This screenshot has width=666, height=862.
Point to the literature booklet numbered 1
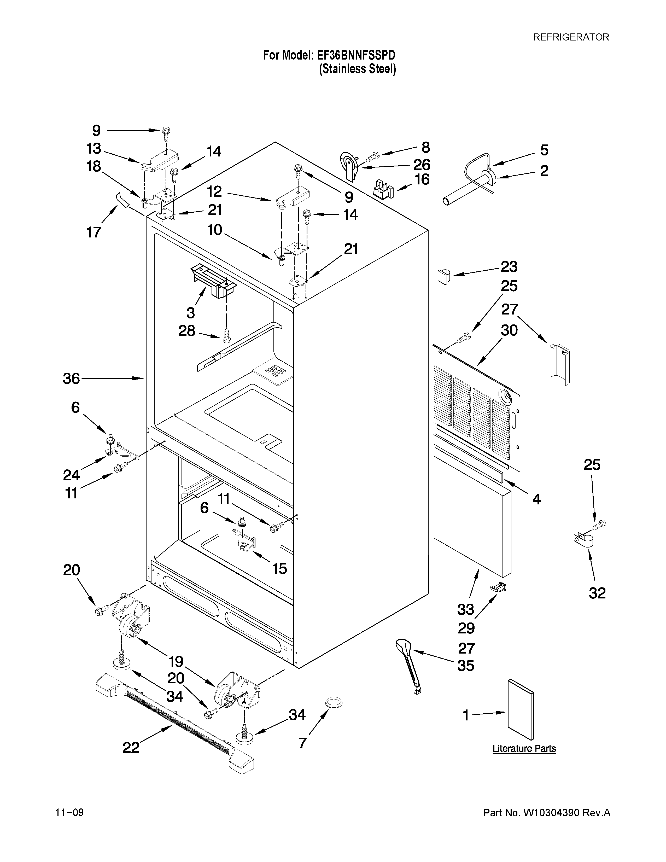(521, 709)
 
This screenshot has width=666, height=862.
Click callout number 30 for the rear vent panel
(509, 330)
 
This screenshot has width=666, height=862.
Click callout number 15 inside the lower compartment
(279, 568)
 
